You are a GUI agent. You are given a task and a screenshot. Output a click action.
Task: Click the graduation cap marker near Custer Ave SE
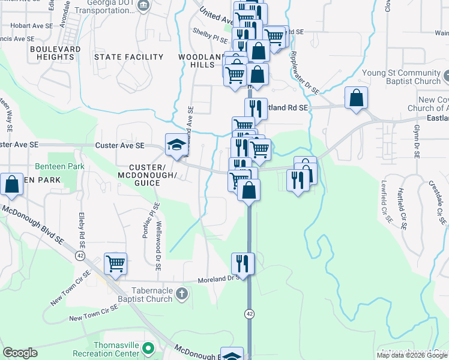click(x=176, y=145)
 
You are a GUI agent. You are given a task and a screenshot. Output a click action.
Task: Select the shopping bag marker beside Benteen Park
click(x=12, y=185)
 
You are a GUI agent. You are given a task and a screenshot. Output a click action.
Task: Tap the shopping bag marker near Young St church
click(x=356, y=98)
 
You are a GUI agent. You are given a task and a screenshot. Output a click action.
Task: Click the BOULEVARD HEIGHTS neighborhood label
click(x=52, y=53)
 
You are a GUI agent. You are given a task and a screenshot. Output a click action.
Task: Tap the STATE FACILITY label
click(x=129, y=57)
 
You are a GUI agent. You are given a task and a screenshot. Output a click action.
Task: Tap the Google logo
click(x=20, y=353)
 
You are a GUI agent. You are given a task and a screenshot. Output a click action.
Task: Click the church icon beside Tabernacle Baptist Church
click(x=183, y=294)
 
